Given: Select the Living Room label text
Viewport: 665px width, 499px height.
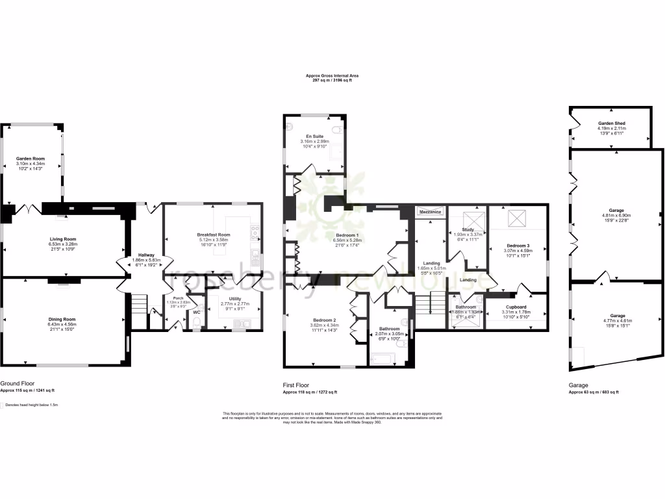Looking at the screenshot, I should (63, 239).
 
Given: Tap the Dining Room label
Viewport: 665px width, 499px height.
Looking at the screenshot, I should (62, 319).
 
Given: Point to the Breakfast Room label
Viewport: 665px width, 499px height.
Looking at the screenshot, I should (214, 235).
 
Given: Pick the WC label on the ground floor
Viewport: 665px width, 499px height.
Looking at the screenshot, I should (196, 312).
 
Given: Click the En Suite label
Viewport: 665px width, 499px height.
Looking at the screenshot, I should (314, 136).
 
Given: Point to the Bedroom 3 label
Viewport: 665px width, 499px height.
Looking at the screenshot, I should (518, 246).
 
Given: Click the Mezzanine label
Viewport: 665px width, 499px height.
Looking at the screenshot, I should (431, 212).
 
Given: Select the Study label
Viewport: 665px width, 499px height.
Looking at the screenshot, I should (467, 230).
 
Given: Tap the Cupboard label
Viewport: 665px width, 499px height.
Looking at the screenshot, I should (516, 307).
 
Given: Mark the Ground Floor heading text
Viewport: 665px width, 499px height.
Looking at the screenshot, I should (18, 384).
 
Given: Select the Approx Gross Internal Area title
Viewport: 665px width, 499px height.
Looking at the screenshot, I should (332, 75).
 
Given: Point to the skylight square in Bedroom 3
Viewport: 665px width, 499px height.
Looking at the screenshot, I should (518, 219).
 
